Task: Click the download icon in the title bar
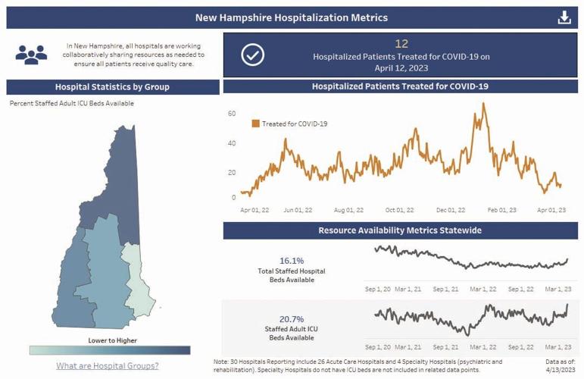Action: (564, 17)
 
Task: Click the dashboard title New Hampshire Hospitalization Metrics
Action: (292, 17)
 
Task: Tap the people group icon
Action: (31, 55)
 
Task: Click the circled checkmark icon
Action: (252, 55)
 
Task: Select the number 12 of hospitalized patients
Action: (401, 45)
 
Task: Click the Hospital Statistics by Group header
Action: (112, 86)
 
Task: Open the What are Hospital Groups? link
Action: (108, 366)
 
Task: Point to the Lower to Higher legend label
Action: (112, 340)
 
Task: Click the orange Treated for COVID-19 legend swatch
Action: (256, 123)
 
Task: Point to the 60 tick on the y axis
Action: (232, 114)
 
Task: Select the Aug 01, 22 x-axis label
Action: (348, 210)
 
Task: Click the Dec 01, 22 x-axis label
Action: (451, 210)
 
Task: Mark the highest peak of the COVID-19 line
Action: (483, 104)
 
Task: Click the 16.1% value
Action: (292, 260)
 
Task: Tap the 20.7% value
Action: (292, 319)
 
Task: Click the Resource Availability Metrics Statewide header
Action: (400, 230)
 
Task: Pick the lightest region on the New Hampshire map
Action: (138, 280)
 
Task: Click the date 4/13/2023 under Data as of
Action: (561, 371)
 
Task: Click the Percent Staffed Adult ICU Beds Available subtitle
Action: (72, 103)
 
